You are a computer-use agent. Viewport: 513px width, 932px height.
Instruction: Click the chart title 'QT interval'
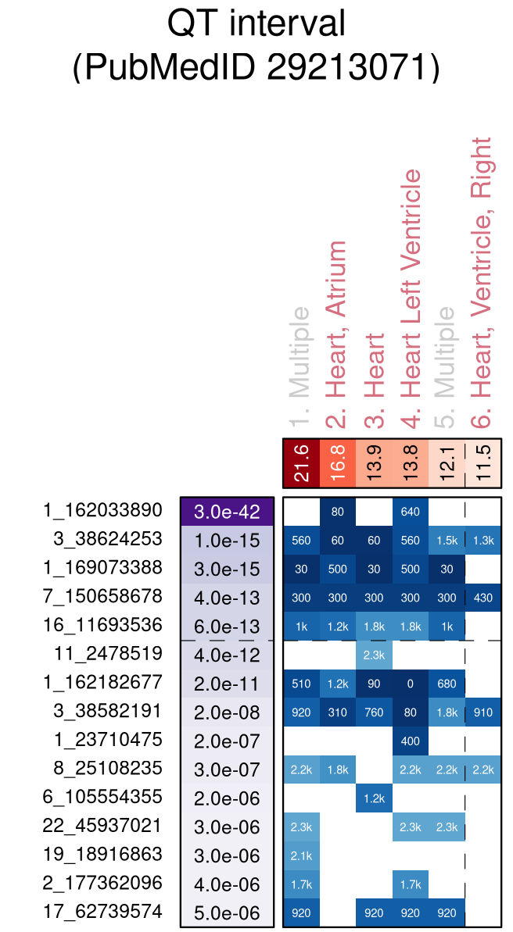pyautogui.click(x=256, y=24)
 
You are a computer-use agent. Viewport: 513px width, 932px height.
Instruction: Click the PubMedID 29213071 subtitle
pyautogui.click(x=256, y=68)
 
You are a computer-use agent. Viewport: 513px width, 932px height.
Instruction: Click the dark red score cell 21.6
pyautogui.click(x=301, y=463)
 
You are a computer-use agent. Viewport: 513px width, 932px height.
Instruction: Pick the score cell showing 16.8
pyautogui.click(x=337, y=463)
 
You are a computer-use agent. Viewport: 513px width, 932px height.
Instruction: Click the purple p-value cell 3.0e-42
pyautogui.click(x=227, y=512)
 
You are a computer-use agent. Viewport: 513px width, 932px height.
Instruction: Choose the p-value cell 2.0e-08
pyautogui.click(x=227, y=712)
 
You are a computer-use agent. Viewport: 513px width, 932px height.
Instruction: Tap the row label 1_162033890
pyautogui.click(x=103, y=510)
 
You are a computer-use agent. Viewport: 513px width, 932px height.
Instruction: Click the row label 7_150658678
pyautogui.click(x=103, y=597)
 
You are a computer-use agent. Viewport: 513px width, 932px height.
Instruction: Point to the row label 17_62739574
pyautogui.click(x=103, y=911)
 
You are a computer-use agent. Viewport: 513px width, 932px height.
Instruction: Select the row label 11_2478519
pyautogui.click(x=109, y=653)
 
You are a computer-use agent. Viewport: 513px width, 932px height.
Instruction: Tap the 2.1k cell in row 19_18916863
pyautogui.click(x=301, y=854)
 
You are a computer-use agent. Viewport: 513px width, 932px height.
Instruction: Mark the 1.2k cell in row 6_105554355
pyautogui.click(x=374, y=797)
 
